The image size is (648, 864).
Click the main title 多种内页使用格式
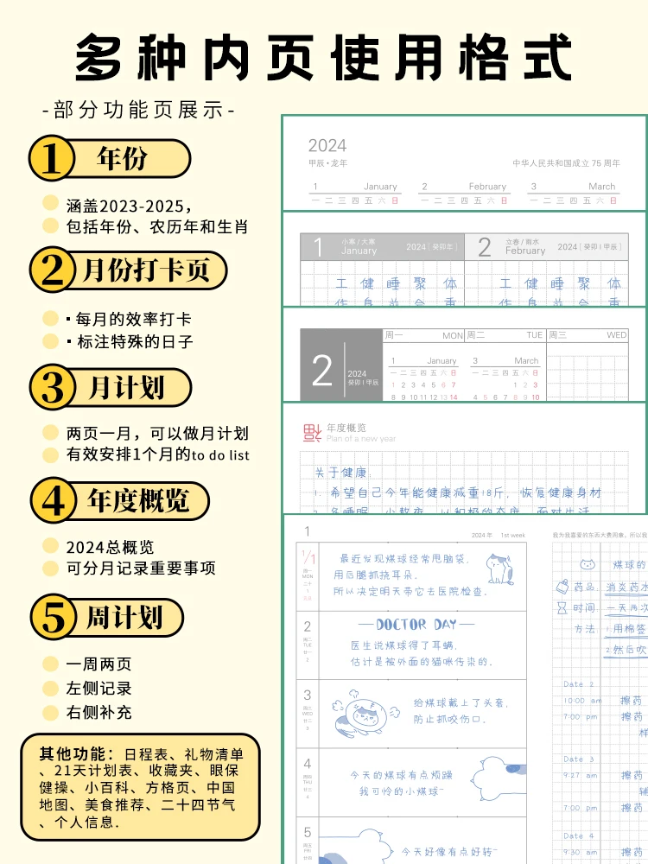pyautogui.click(x=324, y=59)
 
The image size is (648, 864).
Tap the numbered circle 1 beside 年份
pyautogui.click(x=54, y=159)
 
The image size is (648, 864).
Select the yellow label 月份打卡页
pyautogui.click(x=146, y=270)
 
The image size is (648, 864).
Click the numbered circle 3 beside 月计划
pyautogui.click(x=54, y=388)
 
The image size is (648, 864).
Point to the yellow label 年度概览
pyautogui.click(x=138, y=500)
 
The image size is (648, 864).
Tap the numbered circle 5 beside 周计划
pyautogui.click(x=54, y=618)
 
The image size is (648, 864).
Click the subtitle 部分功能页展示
pyautogui.click(x=138, y=111)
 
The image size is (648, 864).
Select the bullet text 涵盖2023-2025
pyautogui.click(x=130, y=206)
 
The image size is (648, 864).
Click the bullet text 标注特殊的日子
pyautogui.click(x=130, y=341)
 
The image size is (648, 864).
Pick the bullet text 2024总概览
pyautogui.click(x=110, y=547)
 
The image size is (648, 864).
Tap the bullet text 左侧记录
pyautogui.click(x=98, y=689)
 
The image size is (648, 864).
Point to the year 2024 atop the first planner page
pyautogui.click(x=327, y=145)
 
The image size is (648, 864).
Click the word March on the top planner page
pyautogui.click(x=601, y=186)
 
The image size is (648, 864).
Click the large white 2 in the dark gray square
pyautogui.click(x=322, y=371)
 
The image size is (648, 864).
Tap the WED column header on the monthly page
pyautogui.click(x=616, y=335)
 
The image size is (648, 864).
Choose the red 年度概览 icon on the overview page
pyautogui.click(x=312, y=432)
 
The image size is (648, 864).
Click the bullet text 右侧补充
pyautogui.click(x=98, y=713)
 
